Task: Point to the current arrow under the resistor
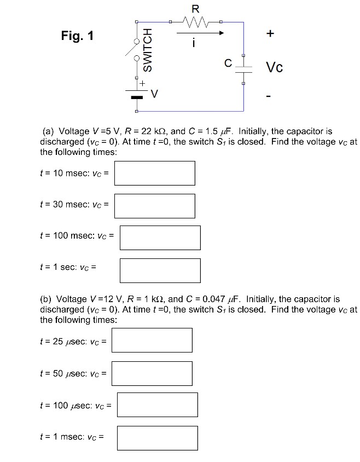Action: (x=200, y=33)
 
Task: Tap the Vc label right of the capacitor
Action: (x=274, y=68)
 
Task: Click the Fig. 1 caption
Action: (x=77, y=37)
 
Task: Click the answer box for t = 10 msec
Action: (x=155, y=173)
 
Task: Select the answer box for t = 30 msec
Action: (x=155, y=206)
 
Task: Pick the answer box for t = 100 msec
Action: (x=160, y=238)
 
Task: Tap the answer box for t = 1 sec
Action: (x=160, y=270)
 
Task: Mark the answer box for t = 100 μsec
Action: (x=158, y=406)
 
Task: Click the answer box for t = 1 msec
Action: (x=158, y=438)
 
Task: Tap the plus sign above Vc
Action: (x=269, y=34)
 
